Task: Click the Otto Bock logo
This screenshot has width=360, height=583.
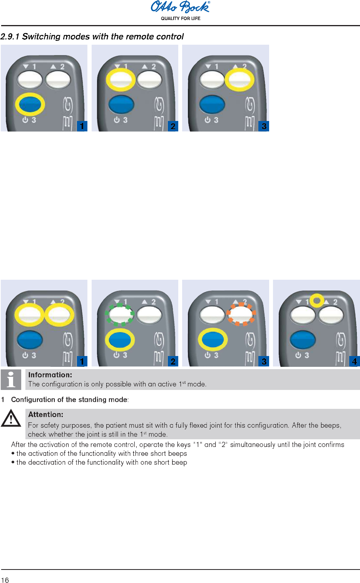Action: [x=180, y=7]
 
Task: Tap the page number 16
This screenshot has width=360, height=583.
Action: [x=5, y=580]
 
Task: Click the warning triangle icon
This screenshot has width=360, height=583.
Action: [x=11, y=418]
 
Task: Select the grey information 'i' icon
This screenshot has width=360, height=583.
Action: [x=11, y=380]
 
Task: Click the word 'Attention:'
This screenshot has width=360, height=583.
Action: [x=45, y=415]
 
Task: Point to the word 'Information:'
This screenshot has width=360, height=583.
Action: [x=50, y=375]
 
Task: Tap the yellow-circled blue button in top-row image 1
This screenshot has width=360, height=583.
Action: [x=30, y=104]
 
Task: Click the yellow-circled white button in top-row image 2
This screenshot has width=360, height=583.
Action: [x=121, y=80]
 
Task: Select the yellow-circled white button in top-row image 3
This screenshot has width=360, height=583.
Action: [x=239, y=80]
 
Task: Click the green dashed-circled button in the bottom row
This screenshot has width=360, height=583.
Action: [x=120, y=314]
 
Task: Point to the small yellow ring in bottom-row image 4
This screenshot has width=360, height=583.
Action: [x=317, y=300]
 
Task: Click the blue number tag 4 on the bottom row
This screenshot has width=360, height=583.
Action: [x=354, y=361]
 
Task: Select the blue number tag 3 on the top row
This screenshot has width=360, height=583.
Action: [x=264, y=126]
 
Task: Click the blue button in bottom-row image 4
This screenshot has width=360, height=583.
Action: [x=303, y=339]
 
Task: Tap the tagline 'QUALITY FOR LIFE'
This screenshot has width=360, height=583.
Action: [x=181, y=18]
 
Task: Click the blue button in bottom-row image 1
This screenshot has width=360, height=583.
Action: [x=30, y=339]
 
